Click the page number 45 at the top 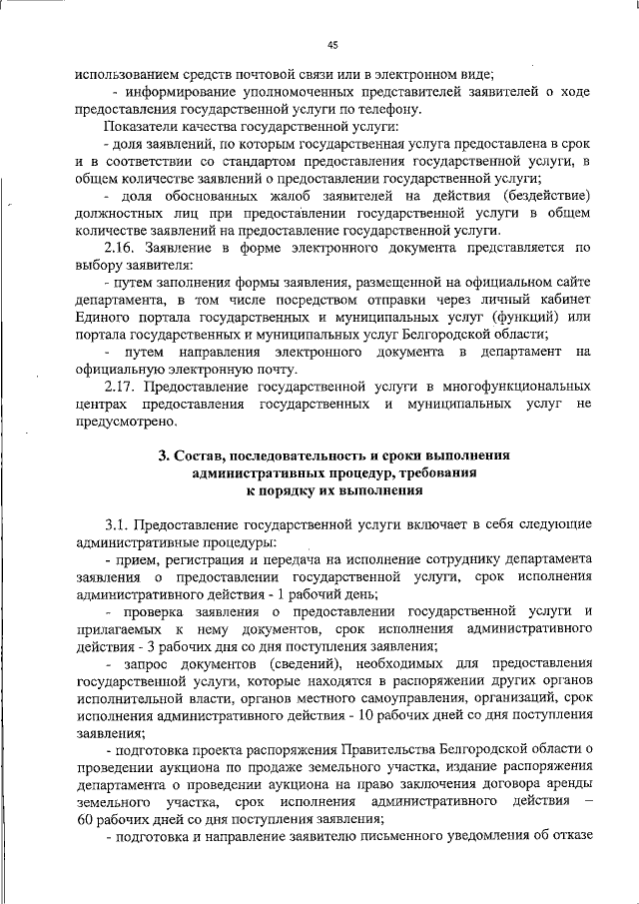[x=332, y=43]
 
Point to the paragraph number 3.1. [x=121, y=524]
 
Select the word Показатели [x=144, y=127]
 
